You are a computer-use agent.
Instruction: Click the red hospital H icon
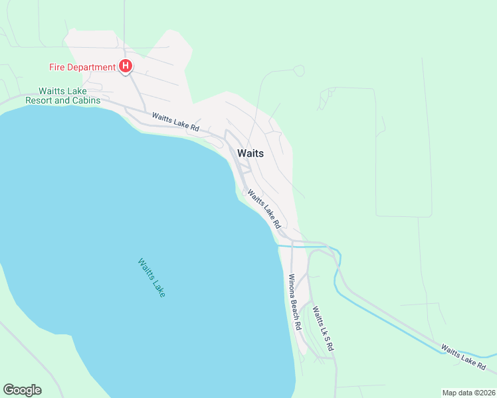tap(125, 66)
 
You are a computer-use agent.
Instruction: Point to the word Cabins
tap(86, 101)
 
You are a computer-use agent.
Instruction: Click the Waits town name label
tap(250, 153)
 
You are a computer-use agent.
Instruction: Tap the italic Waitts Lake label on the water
tap(151, 277)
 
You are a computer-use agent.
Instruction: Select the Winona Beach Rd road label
tap(294, 302)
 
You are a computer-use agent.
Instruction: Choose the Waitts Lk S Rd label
tap(322, 328)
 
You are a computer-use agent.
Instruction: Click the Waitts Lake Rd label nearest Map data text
tap(464, 357)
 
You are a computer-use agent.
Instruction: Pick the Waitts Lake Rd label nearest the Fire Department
tap(175, 121)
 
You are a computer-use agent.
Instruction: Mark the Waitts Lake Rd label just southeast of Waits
tap(264, 208)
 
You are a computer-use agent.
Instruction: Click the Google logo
tap(22, 390)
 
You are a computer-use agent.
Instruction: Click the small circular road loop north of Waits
tap(298, 70)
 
